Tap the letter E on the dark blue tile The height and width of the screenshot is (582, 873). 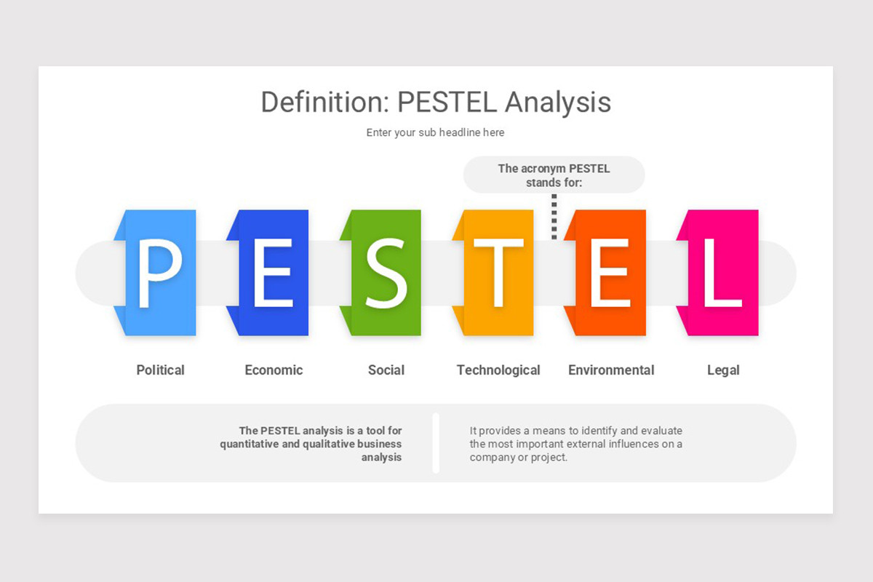(x=272, y=273)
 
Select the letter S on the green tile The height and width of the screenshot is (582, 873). (x=386, y=273)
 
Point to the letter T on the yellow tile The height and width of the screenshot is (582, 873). (x=498, y=273)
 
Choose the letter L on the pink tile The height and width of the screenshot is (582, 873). (x=722, y=273)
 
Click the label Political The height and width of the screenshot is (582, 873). (x=161, y=370)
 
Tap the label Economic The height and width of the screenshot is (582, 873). (x=274, y=370)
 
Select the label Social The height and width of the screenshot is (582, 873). (x=386, y=370)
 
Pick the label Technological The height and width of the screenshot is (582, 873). (x=498, y=370)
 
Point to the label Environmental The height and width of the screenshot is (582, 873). (x=611, y=370)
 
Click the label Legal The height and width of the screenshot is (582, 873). (x=723, y=370)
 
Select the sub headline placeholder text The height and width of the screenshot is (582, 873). (x=435, y=132)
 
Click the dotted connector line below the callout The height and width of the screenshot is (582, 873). (x=554, y=216)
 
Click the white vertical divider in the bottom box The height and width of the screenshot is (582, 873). (x=436, y=443)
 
